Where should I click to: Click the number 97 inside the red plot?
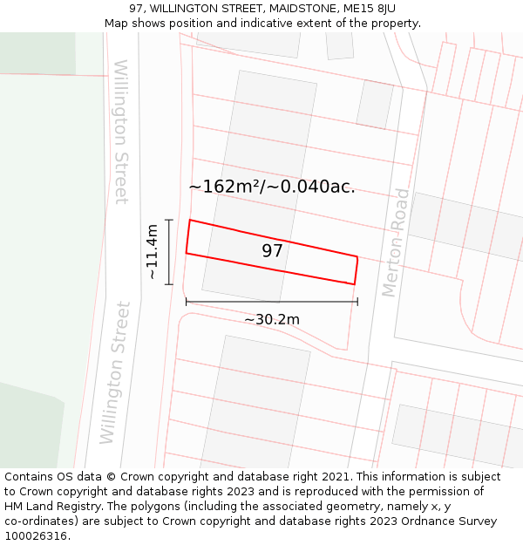click(272, 251)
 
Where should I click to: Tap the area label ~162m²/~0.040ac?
click(271, 187)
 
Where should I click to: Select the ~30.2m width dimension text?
click(271, 320)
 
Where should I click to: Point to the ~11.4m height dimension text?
click(152, 252)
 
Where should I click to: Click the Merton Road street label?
click(396, 242)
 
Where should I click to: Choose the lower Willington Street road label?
click(114, 372)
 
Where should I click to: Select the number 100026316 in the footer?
click(36, 536)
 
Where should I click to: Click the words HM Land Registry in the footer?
click(51, 507)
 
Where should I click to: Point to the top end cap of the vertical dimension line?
click(169, 220)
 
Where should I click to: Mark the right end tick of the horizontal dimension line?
click(357, 302)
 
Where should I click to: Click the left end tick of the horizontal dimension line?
click(186, 302)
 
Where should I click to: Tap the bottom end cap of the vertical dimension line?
click(169, 284)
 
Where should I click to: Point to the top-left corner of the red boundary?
click(190, 220)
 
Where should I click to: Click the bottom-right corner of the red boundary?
click(354, 284)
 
